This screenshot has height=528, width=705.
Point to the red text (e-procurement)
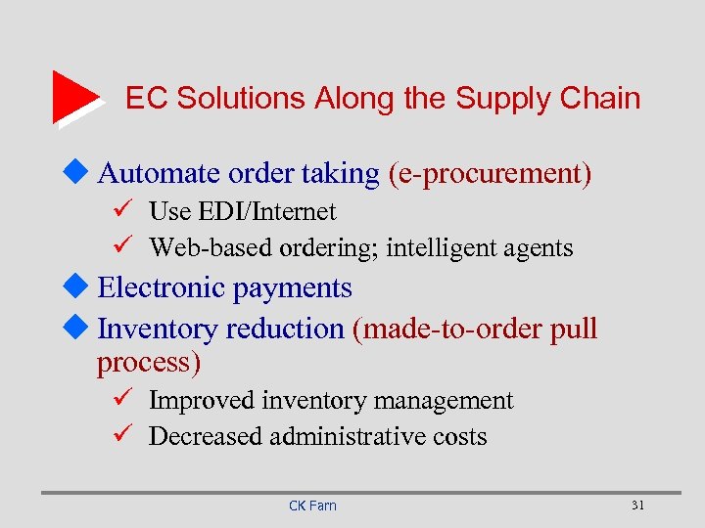click(490, 175)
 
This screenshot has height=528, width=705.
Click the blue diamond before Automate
click(83, 173)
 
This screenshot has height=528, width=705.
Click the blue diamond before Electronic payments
click(83, 287)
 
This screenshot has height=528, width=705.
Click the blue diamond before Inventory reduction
click(83, 329)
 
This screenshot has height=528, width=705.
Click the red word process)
click(148, 364)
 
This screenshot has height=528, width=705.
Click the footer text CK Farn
click(312, 506)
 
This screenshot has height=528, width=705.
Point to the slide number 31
click(638, 505)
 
